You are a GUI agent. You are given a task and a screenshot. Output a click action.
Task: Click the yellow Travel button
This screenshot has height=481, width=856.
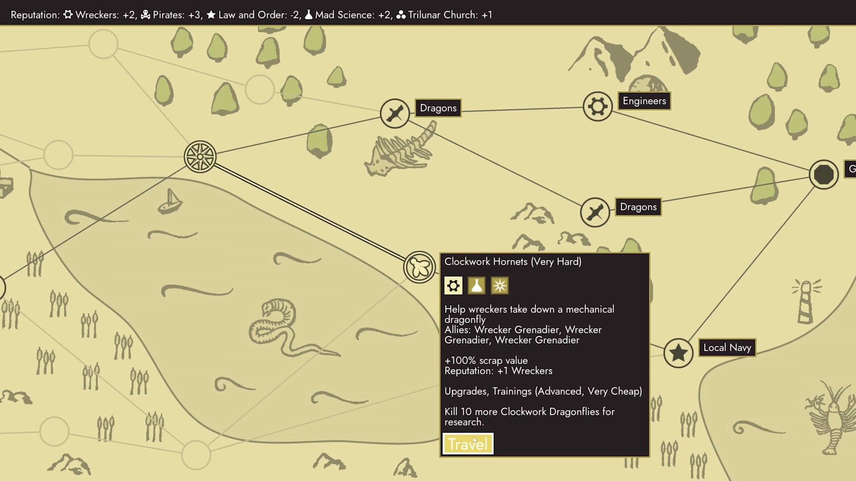coord(468,444)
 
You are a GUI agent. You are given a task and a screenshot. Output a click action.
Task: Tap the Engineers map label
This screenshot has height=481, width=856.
coord(644,101)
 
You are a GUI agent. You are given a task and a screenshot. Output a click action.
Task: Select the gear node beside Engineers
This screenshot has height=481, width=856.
coord(597,106)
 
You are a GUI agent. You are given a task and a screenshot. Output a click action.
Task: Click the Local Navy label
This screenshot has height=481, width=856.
coord(727,347)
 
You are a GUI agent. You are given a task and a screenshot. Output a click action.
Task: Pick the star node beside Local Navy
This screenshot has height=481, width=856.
coord(678,353)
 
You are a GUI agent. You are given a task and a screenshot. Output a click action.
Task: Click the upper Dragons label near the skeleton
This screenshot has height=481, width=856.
coord(438,108)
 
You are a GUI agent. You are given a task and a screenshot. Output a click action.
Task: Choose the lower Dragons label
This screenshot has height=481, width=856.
coord(638,207)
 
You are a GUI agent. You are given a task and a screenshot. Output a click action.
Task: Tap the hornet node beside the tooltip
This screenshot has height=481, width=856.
coord(419,267)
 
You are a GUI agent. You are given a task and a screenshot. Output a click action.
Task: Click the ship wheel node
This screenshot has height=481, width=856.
coord(200,157)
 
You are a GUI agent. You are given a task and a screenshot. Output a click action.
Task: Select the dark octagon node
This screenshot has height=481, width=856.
coord(823,175)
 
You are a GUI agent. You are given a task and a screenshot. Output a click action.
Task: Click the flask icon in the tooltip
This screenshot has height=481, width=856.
coord(476,285)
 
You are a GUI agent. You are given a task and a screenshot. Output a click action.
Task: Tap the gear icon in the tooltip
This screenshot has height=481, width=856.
coord(453,285)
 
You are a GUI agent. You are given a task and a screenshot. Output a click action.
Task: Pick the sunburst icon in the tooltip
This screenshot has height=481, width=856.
coord(499,285)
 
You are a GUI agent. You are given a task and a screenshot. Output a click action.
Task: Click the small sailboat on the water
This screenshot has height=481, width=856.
coord(170,201)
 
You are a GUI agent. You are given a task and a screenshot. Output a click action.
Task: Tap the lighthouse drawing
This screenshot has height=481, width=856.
coord(806,301)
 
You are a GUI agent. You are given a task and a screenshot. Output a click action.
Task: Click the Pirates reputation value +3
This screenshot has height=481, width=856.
coord(194,15)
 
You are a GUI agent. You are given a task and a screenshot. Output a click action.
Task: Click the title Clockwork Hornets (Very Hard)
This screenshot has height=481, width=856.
coord(513,261)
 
